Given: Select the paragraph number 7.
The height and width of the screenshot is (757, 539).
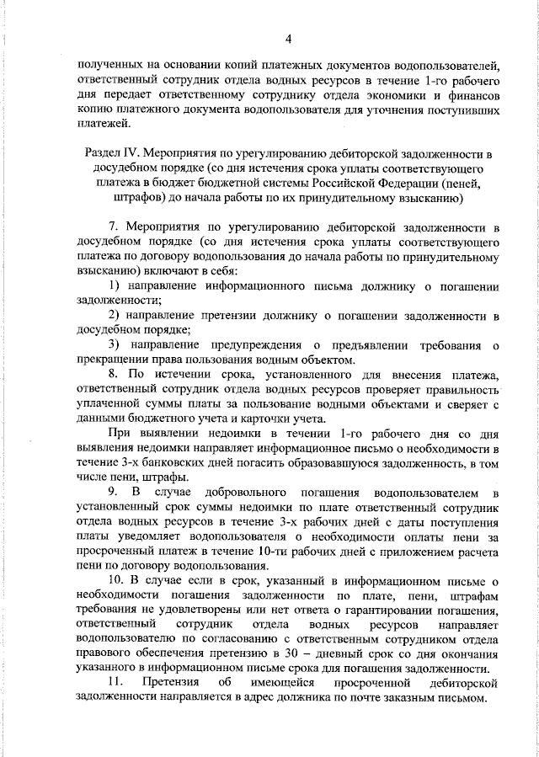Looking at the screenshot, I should coord(114,227).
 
